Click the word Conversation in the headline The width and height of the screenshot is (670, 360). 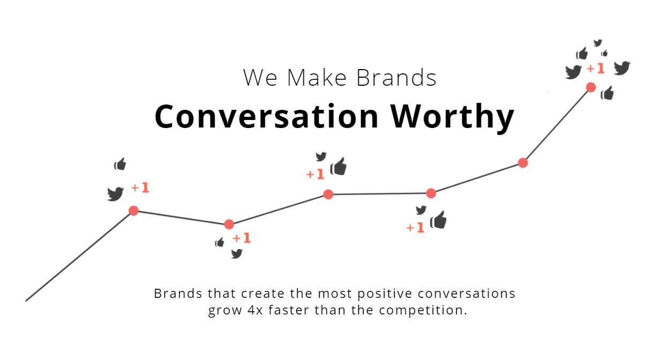[267, 116]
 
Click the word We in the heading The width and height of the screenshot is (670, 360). [260, 78]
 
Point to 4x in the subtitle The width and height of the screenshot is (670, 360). [255, 310]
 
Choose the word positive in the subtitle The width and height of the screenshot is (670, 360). [385, 294]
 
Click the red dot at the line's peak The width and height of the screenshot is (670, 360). [591, 87]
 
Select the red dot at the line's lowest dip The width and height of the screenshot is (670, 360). [229, 224]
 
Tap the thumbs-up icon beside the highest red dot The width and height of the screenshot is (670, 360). [607, 93]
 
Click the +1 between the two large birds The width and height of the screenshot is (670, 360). [596, 69]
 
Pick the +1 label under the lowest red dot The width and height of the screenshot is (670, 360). [242, 238]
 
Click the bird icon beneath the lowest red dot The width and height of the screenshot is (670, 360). [237, 254]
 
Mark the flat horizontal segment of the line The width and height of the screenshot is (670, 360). [380, 194]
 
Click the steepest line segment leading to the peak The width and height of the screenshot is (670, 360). [557, 125]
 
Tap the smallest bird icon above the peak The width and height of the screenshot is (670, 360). [598, 43]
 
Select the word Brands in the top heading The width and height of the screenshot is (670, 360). [396, 78]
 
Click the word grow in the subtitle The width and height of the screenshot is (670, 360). [225, 311]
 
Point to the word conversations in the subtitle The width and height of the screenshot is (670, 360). [466, 294]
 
